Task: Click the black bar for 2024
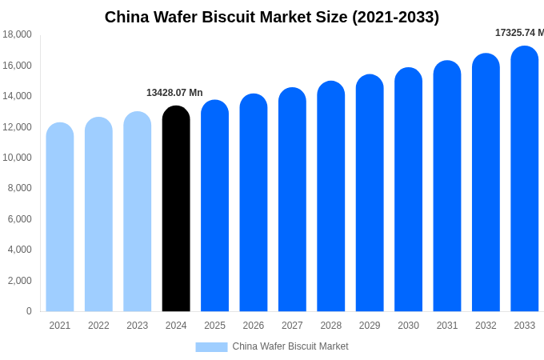tap(176, 209)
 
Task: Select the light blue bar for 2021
tap(60, 217)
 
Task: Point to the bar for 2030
tap(408, 190)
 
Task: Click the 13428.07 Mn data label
tap(174, 93)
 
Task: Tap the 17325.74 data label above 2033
tap(518, 33)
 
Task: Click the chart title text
tap(272, 17)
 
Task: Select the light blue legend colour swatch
tap(211, 347)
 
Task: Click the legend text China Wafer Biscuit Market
tap(290, 346)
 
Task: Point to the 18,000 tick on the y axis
tap(17, 34)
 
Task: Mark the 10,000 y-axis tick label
tap(17, 158)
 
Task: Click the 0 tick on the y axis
tap(29, 311)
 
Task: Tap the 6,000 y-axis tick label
tap(19, 219)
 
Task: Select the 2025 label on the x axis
tap(214, 326)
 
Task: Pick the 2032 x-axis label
tap(486, 326)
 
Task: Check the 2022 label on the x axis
tap(98, 326)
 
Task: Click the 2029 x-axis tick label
tap(370, 326)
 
